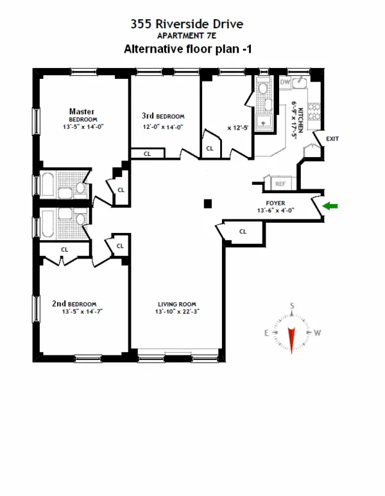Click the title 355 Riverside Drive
click(187, 25)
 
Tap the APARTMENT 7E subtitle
click(187, 37)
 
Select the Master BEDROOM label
click(83, 115)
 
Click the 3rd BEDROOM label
click(163, 116)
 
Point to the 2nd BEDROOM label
click(75, 304)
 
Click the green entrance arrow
click(331, 206)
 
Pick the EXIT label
click(332, 139)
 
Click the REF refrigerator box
click(280, 184)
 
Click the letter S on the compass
click(291, 305)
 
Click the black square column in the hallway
click(207, 204)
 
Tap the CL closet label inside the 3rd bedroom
click(147, 154)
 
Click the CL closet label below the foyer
click(243, 232)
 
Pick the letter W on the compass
click(317, 332)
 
